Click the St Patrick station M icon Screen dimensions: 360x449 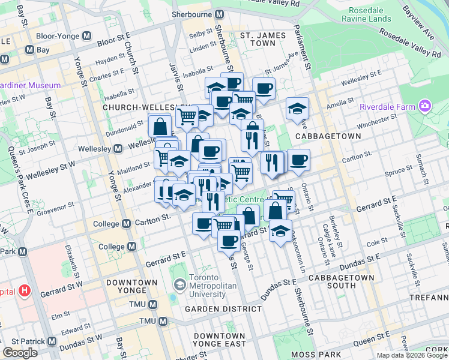(52, 343)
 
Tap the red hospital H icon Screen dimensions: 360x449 (24, 292)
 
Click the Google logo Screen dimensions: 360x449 (20, 353)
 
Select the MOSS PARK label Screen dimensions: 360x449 (313, 355)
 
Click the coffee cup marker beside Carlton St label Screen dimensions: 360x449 (298, 160)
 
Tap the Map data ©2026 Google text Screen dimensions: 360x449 (412, 355)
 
